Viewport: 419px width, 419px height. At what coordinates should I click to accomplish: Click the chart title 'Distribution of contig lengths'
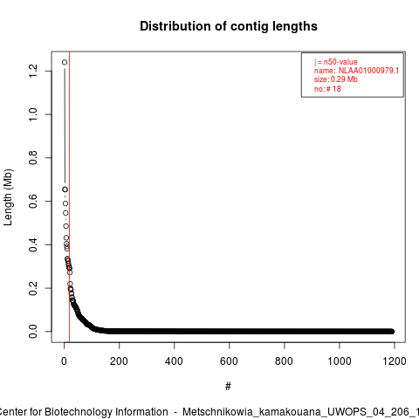tap(229, 26)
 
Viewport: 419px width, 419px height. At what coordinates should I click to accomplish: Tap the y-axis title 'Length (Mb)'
tap(8, 197)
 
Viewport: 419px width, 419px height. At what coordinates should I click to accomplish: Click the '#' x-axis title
tap(228, 387)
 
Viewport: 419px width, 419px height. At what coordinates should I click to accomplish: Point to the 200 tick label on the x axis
tap(119, 361)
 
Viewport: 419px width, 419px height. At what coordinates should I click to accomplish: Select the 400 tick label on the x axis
tap(174, 361)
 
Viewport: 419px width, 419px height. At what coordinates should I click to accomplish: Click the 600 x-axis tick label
tap(229, 361)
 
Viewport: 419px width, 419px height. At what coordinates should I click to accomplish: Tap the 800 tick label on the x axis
tap(284, 361)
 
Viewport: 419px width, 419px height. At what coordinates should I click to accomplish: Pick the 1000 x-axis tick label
tap(340, 361)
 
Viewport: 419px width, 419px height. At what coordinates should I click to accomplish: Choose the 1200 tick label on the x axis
tap(395, 361)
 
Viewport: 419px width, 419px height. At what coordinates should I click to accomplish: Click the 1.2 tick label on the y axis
tap(33, 71)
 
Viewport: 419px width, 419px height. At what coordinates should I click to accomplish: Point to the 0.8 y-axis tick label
tap(33, 158)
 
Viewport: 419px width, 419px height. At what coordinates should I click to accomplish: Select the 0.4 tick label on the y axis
tap(33, 244)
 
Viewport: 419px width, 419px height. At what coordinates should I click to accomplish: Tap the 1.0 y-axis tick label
tap(33, 114)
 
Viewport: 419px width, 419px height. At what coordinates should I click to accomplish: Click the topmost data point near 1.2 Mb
tap(65, 62)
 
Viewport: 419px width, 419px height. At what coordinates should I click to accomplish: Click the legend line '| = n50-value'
tap(335, 62)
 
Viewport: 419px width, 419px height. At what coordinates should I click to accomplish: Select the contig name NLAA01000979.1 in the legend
tap(368, 71)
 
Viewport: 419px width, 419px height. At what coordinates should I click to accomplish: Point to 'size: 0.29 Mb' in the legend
tap(335, 79)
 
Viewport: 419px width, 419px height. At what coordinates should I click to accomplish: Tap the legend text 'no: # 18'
tap(327, 88)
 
